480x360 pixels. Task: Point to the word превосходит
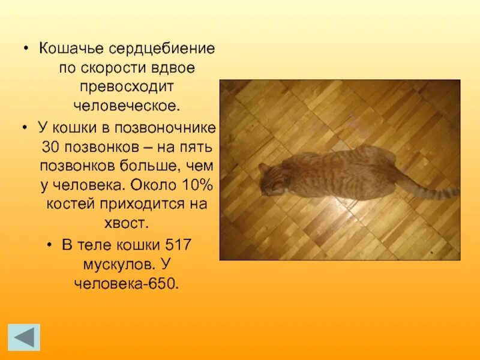click(127, 87)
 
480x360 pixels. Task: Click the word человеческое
click(126, 106)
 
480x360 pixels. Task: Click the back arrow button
click(24, 337)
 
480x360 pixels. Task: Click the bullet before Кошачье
click(26, 48)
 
